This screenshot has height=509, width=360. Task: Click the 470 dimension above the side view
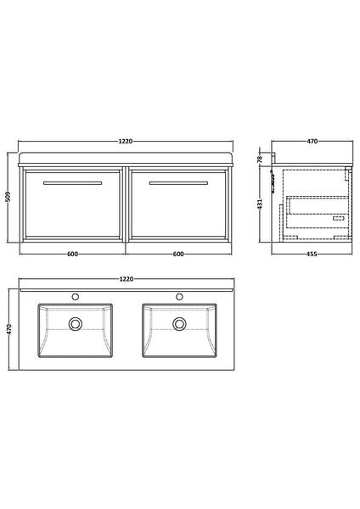[312, 142]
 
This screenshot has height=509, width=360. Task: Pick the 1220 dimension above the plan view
[127, 279]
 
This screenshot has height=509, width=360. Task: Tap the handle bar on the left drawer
[75, 182]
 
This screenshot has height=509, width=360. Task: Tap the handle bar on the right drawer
[178, 182]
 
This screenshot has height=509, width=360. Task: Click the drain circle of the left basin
[76, 323]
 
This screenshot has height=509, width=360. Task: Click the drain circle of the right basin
[179, 323]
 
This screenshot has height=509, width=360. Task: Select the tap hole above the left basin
[76, 297]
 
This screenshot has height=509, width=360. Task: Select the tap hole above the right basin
[179, 297]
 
